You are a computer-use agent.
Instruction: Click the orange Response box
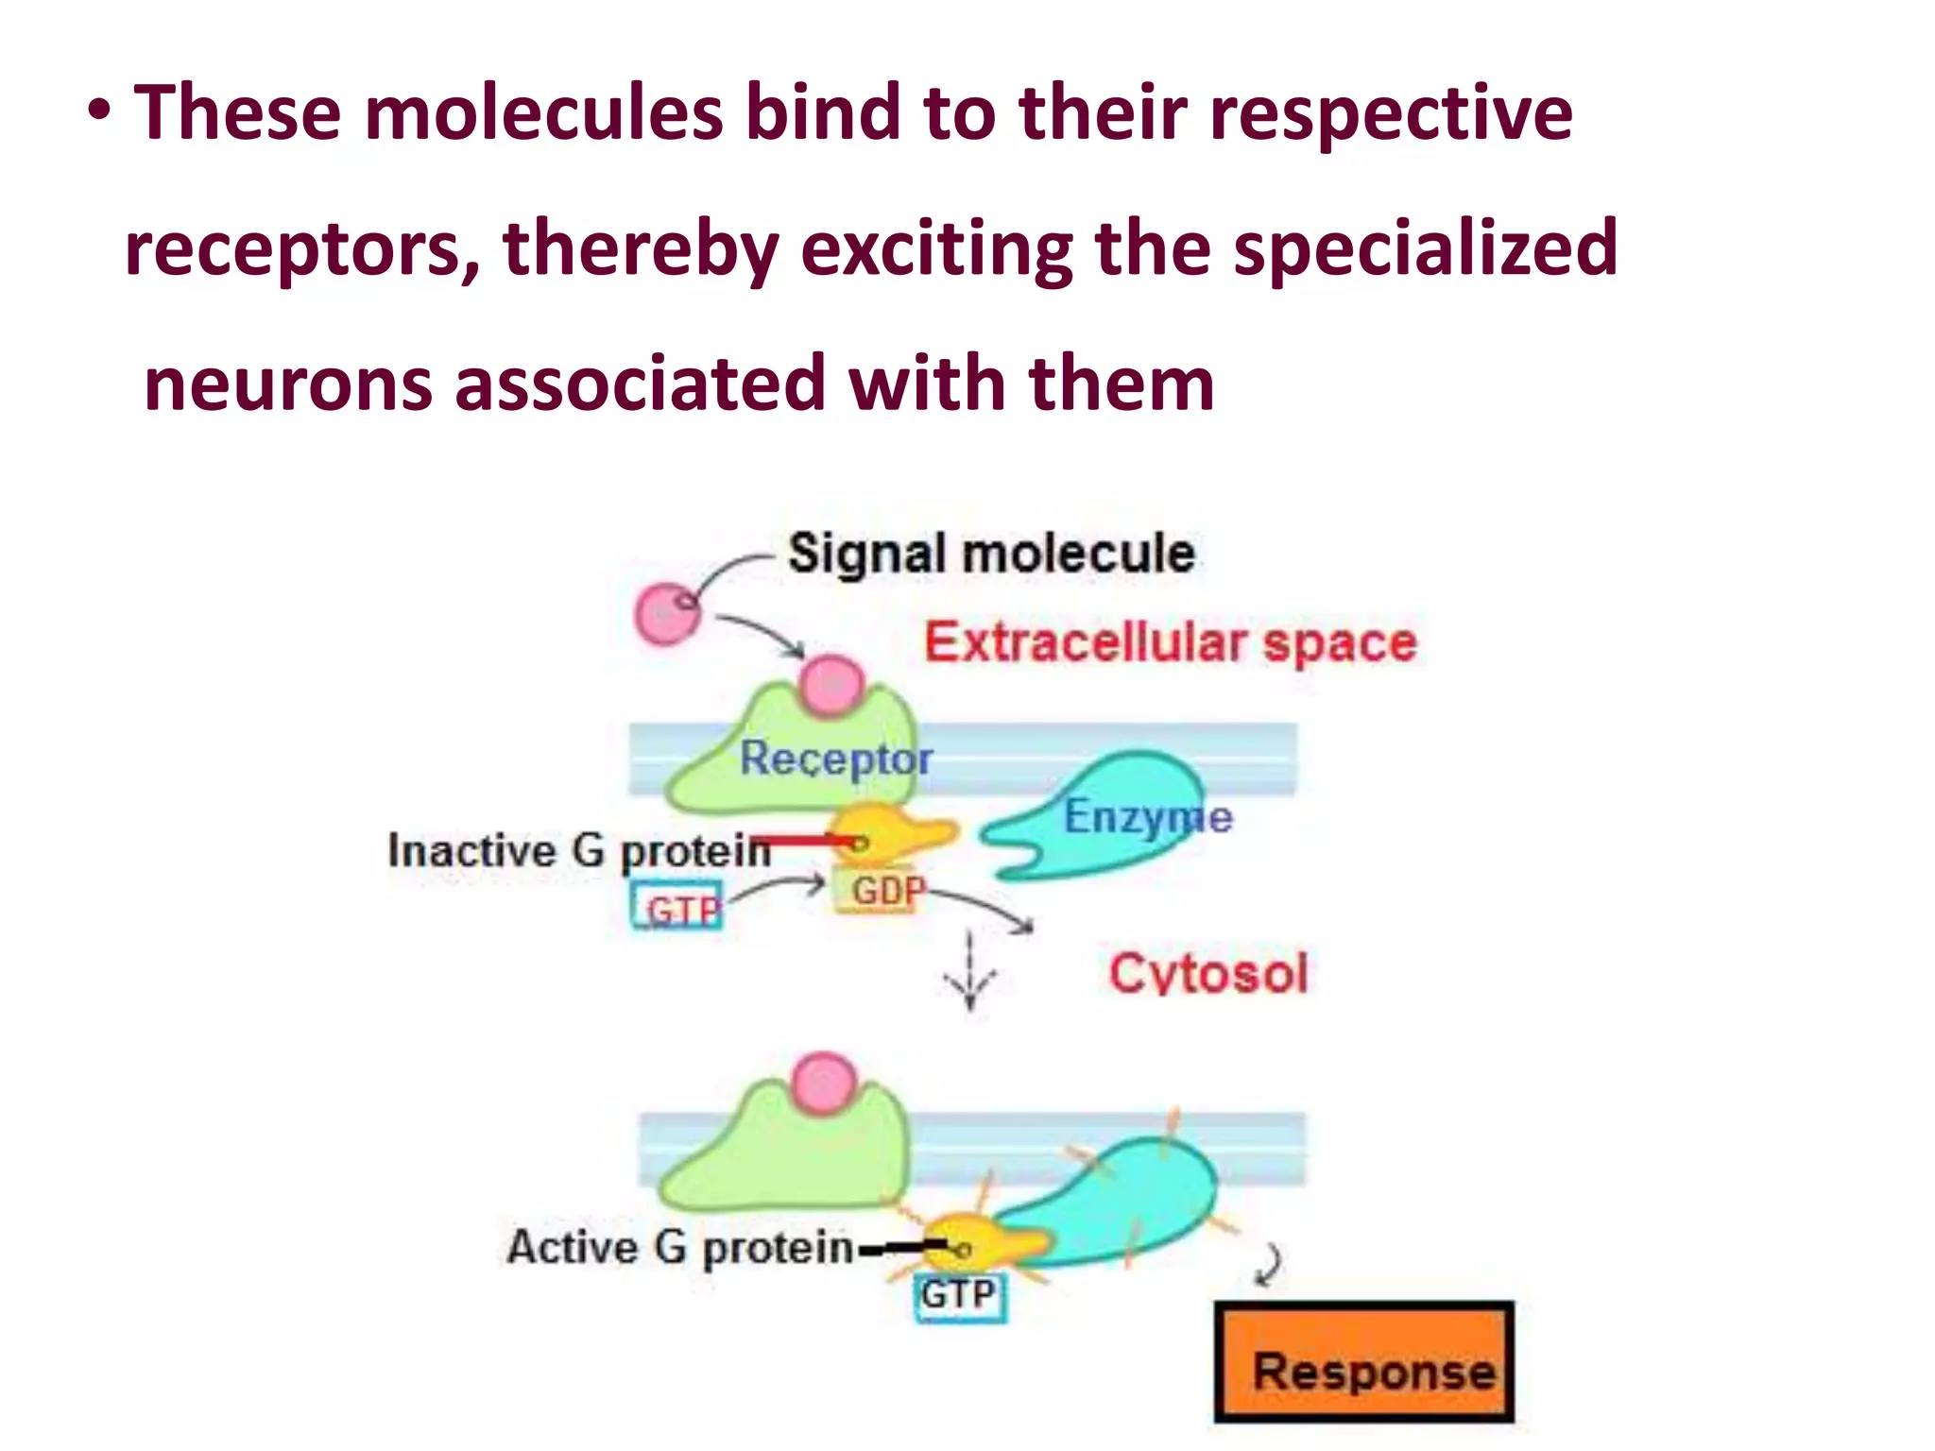coord(1363,1362)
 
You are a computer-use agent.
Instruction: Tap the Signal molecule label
coord(991,553)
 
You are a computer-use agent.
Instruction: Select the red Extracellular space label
coord(1171,643)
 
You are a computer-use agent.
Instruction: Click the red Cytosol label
coord(1208,973)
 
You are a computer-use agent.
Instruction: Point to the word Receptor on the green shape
coord(835,759)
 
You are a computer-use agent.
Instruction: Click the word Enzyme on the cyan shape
coord(1148,817)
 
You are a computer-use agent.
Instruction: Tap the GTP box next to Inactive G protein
coord(677,907)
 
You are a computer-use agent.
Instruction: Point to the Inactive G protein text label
coord(579,850)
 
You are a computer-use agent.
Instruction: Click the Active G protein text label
coord(680,1247)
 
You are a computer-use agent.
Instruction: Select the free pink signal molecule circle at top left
coord(667,614)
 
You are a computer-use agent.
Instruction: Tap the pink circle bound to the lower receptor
coord(824,1083)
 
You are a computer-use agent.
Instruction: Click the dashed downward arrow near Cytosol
coord(970,973)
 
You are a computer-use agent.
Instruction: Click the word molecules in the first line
coord(545,113)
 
